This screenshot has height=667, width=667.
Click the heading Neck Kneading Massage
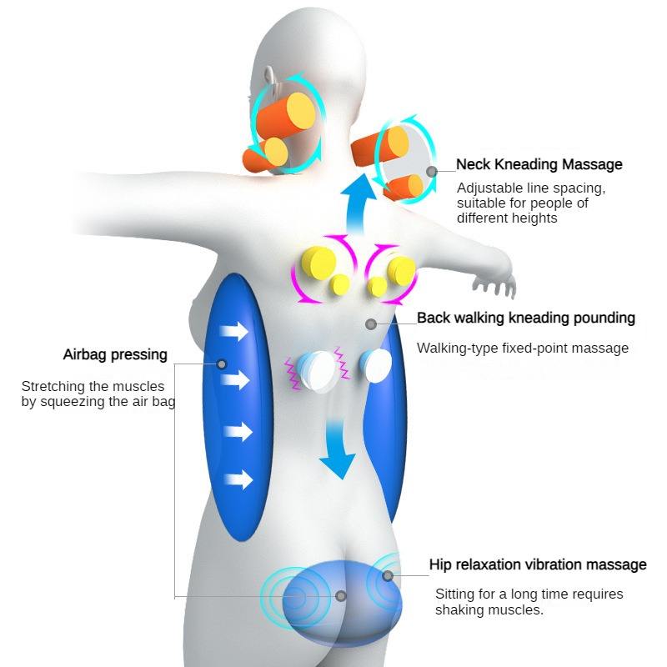(539, 164)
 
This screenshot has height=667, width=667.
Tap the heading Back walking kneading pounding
(526, 318)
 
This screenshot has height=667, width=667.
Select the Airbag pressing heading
(115, 354)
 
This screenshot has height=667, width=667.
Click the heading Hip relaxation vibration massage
(538, 564)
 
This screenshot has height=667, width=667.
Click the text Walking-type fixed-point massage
(523, 348)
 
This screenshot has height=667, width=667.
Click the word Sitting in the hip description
(453, 594)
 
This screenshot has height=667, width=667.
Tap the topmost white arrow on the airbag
(234, 331)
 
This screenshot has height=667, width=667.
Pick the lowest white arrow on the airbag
(238, 480)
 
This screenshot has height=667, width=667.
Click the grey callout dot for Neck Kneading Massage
(432, 172)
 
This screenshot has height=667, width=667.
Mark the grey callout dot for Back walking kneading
(371, 324)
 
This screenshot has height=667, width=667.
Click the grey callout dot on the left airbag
(222, 364)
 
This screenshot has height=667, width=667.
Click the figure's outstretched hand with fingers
(495, 283)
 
